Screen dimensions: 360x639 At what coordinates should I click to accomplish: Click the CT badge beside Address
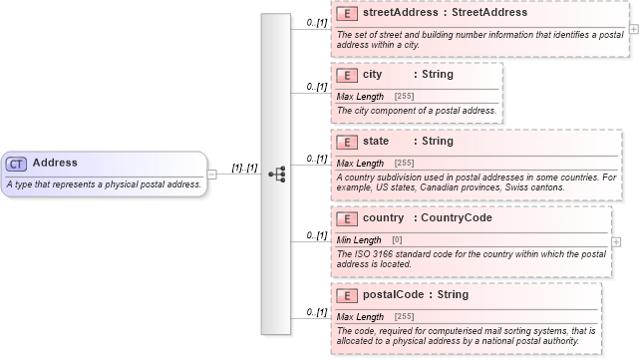point(16,164)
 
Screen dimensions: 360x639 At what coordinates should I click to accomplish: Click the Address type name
point(54,163)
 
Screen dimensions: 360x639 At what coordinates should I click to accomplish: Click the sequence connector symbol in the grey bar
point(277,175)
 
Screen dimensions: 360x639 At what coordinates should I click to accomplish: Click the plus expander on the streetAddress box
point(634,29)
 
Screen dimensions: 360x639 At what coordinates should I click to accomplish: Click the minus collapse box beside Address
point(212,175)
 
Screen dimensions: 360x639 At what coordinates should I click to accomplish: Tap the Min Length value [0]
point(397,240)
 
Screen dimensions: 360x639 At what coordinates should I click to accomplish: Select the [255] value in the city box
point(405,96)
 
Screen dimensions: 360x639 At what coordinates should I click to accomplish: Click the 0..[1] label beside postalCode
point(317,313)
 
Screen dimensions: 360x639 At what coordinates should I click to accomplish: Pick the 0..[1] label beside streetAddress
point(317,22)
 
